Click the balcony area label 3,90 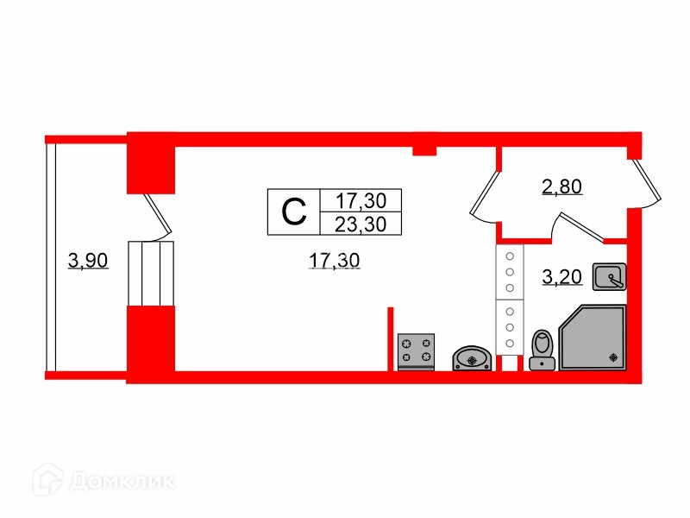click(88, 259)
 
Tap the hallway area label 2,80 click(562, 186)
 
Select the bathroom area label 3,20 click(562, 277)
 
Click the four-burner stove click(416, 351)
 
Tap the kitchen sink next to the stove click(472, 357)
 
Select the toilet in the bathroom click(542, 349)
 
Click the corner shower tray click(593, 337)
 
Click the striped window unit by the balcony click(151, 273)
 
